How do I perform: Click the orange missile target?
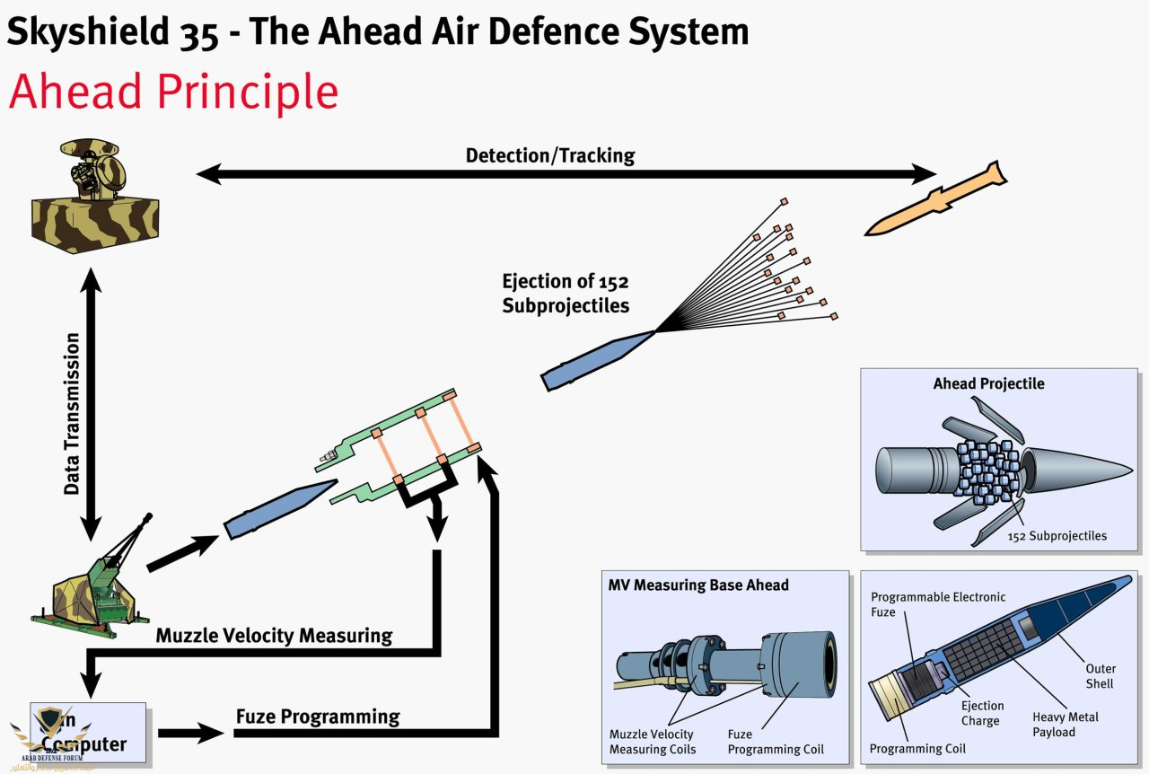(935, 199)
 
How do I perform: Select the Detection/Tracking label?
(549, 155)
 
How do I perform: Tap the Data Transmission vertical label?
(73, 413)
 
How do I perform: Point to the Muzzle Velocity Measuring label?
(274, 636)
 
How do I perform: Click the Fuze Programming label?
(317, 717)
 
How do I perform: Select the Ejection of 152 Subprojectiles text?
(566, 293)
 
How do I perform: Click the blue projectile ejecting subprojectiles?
(597, 359)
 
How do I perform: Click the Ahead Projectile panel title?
(988, 383)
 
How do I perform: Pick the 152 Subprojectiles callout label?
(1057, 536)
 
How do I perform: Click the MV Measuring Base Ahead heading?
(698, 585)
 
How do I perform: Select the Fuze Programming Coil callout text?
(775, 742)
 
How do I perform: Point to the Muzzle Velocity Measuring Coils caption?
(652, 742)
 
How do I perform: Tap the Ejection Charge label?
(982, 713)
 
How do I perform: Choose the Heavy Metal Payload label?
(1065, 725)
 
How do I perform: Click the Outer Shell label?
(1100, 676)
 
